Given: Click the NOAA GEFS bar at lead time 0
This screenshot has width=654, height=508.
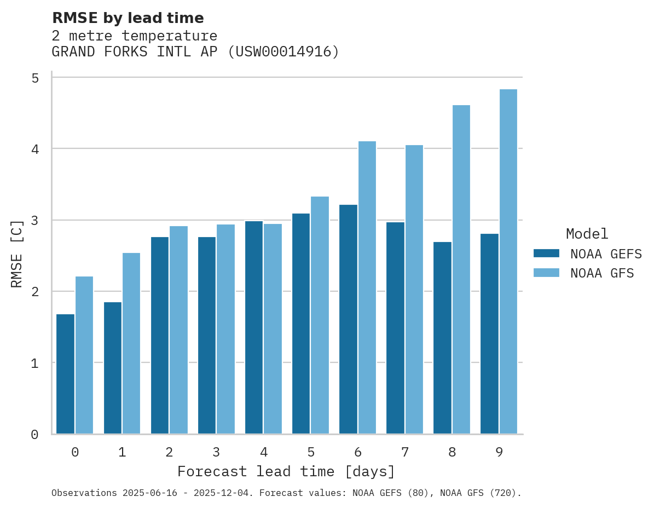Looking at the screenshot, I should pyautogui.click(x=66, y=374).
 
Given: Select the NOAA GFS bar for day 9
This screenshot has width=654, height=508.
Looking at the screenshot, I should pyautogui.click(x=508, y=262).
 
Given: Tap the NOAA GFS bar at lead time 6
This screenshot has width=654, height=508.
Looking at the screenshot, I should pyautogui.click(x=367, y=287).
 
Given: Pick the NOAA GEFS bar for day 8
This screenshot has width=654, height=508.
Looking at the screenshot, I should pyautogui.click(x=442, y=338).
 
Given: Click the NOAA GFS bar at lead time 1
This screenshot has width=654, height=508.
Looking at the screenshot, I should pyautogui.click(x=131, y=343).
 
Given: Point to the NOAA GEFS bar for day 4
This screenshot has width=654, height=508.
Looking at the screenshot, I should pyautogui.click(x=254, y=327).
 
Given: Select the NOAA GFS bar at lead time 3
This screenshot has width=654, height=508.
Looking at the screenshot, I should pyautogui.click(x=225, y=329).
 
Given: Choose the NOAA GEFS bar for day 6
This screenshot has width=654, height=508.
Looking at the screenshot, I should pyautogui.click(x=348, y=319).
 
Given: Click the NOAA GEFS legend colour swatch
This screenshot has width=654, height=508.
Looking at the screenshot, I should pyautogui.click(x=546, y=253).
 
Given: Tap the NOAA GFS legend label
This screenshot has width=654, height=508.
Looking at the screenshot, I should pyautogui.click(x=602, y=273).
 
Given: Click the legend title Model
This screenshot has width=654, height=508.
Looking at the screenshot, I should pyautogui.click(x=587, y=234).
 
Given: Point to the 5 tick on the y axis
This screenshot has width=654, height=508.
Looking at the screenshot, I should pyautogui.click(x=35, y=78).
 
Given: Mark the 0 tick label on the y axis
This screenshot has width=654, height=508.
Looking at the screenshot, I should pyautogui.click(x=35, y=435).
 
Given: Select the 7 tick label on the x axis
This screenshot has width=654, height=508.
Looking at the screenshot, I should pyautogui.click(x=405, y=453).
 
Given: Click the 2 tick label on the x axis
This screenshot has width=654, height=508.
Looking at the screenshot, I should pyautogui.click(x=169, y=453).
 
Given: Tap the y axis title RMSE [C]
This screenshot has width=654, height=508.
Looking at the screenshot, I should pyautogui.click(x=18, y=253).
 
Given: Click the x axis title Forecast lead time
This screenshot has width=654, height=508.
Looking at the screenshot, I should pyautogui.click(x=286, y=471).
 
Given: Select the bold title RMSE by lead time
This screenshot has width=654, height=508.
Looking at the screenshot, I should pyautogui.click(x=128, y=18).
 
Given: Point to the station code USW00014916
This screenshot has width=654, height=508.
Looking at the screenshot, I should pyautogui.click(x=283, y=52).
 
